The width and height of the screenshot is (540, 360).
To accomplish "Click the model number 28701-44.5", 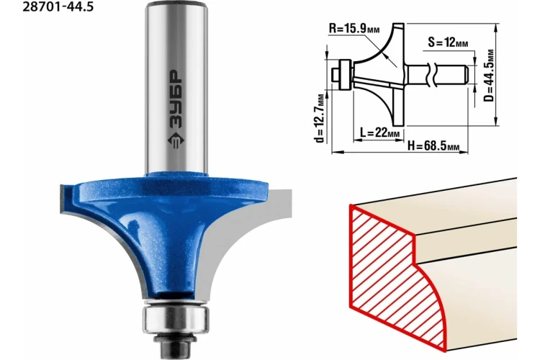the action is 58,6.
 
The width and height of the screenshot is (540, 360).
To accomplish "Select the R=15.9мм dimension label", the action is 354,28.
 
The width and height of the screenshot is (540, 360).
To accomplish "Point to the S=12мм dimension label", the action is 448,42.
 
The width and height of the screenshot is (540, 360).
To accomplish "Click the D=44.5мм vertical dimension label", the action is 489,76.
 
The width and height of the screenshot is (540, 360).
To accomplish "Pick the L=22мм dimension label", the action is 380,132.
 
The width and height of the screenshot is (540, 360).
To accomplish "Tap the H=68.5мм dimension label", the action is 433,145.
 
